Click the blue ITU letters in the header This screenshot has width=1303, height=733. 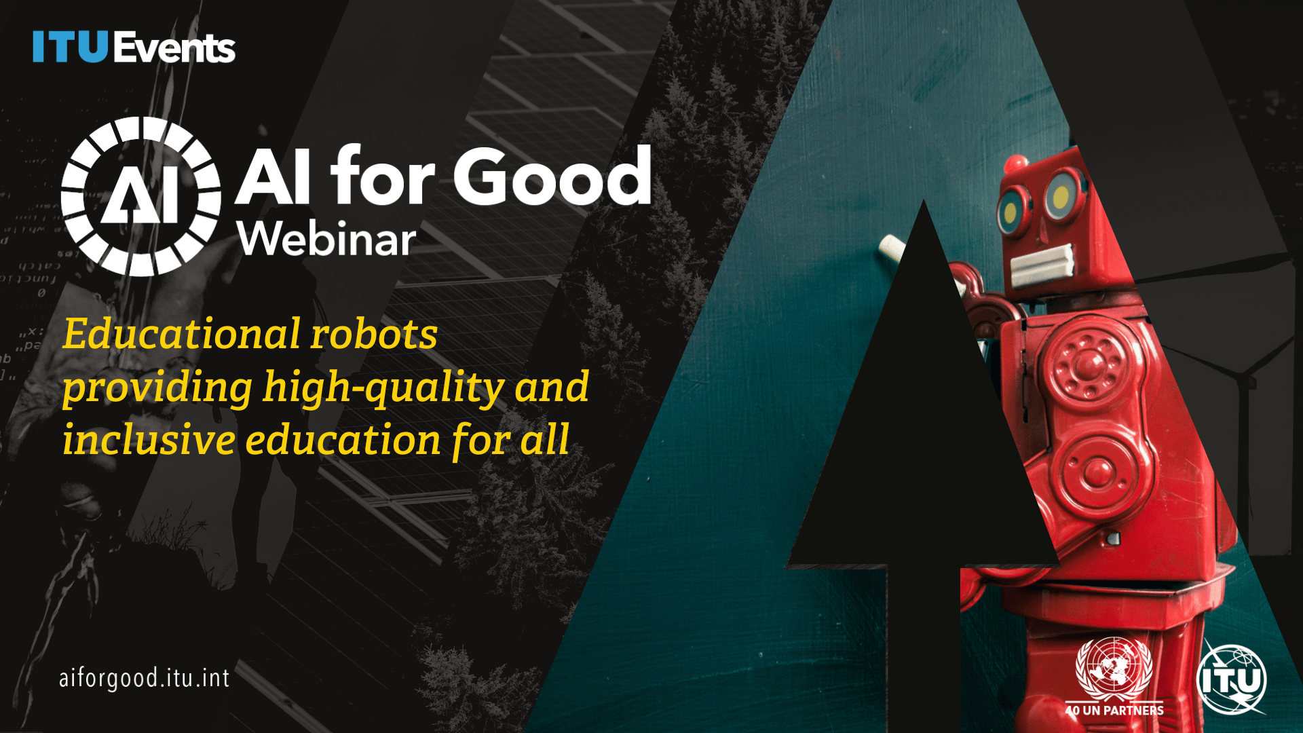tap(70, 47)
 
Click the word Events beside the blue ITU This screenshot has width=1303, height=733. tap(174, 48)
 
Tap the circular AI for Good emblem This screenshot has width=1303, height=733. tap(140, 197)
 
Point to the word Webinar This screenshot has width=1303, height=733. tap(326, 240)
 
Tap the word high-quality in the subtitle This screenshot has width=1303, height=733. tap(383, 388)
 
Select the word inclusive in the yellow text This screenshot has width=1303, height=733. tap(149, 440)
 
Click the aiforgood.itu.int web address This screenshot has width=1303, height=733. tap(145, 678)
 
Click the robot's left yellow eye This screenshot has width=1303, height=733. tap(1011, 211)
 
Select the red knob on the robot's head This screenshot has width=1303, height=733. tap(1016, 164)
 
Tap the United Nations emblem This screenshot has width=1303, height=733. tap(1114, 668)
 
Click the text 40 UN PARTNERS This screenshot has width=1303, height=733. tap(1114, 711)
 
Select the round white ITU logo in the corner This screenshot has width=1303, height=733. tap(1231, 679)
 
